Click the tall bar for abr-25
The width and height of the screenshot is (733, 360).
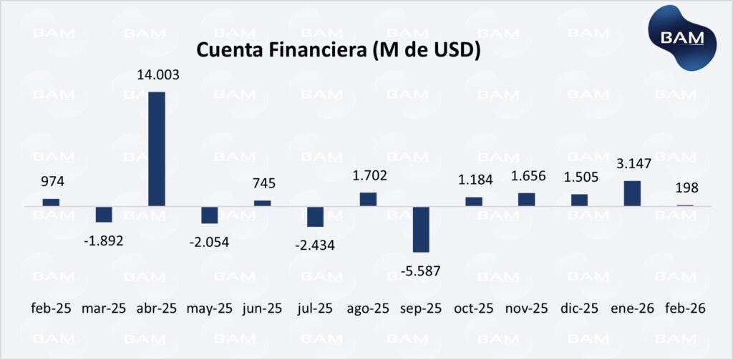coord(157,149)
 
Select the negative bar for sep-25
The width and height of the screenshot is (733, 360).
coord(421,229)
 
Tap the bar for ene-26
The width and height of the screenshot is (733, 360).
coord(632,193)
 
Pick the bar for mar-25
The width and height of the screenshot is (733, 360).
coord(104,214)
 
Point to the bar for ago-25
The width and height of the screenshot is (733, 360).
coord(368,199)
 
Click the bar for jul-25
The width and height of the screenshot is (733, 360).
coord(315,216)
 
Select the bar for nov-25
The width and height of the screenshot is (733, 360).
coord(526,200)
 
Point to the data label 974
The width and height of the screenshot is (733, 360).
coord(51,183)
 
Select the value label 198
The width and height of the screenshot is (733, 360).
coord(685,188)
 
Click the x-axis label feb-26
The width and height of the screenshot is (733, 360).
coord(685,308)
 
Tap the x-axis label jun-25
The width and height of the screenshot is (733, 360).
coord(263,308)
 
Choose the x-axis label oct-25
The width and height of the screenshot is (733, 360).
coord(473,308)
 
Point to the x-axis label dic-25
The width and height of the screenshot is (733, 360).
coord(580,308)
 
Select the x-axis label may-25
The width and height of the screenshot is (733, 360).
coord(209,308)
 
